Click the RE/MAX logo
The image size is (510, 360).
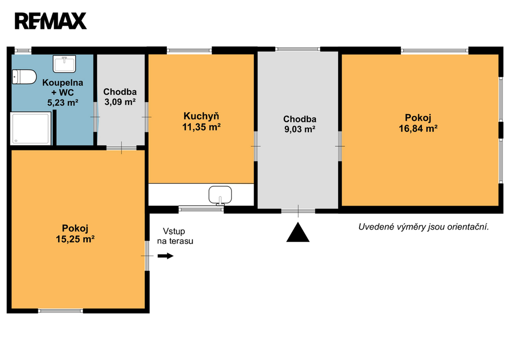(51, 21)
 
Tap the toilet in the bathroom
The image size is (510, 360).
(24, 77)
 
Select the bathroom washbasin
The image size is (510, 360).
(64, 64)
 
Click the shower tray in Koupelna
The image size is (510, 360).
(31, 128)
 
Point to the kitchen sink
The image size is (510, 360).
(220, 195)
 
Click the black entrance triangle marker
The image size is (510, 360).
(298, 232)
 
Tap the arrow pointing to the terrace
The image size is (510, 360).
(165, 256)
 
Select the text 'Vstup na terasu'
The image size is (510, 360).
(175, 236)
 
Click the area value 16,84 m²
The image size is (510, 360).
(418, 129)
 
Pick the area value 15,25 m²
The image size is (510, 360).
(75, 240)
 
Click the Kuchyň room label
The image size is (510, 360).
(201, 116)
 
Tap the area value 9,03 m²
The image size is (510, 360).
(299, 129)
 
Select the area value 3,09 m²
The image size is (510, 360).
(120, 102)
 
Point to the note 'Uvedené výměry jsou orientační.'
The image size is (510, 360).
(423, 227)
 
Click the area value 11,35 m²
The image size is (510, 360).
(201, 127)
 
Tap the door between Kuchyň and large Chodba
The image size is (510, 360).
(255, 146)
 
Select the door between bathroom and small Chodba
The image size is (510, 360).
(95, 117)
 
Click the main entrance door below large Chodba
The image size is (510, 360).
(298, 211)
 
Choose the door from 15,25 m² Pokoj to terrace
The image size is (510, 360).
(147, 256)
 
